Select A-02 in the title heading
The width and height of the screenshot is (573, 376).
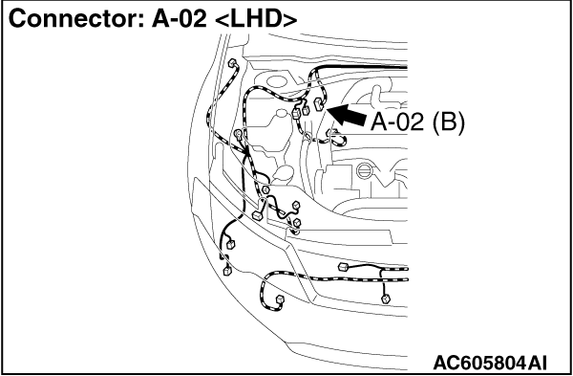[180, 18]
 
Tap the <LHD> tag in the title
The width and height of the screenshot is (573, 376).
[256, 18]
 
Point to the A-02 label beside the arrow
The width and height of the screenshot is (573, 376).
[397, 122]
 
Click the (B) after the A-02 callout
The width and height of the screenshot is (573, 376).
[448, 122]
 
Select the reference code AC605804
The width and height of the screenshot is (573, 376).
[479, 364]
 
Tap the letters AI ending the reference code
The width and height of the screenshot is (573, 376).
[538, 364]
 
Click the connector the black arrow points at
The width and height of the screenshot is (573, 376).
[318, 104]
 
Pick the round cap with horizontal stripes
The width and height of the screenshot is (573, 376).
[364, 171]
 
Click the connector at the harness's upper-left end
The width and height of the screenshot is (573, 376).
[232, 64]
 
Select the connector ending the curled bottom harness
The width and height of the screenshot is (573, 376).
[280, 299]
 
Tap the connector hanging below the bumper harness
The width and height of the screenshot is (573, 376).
[386, 299]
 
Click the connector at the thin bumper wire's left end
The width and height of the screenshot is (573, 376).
[343, 267]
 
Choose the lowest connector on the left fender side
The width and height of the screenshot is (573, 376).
[227, 271]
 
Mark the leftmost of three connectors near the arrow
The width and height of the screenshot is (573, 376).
[296, 113]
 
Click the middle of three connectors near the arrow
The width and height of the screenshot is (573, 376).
[306, 109]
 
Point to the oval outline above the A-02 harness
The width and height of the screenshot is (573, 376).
[277, 82]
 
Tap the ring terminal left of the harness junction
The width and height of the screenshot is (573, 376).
[239, 134]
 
